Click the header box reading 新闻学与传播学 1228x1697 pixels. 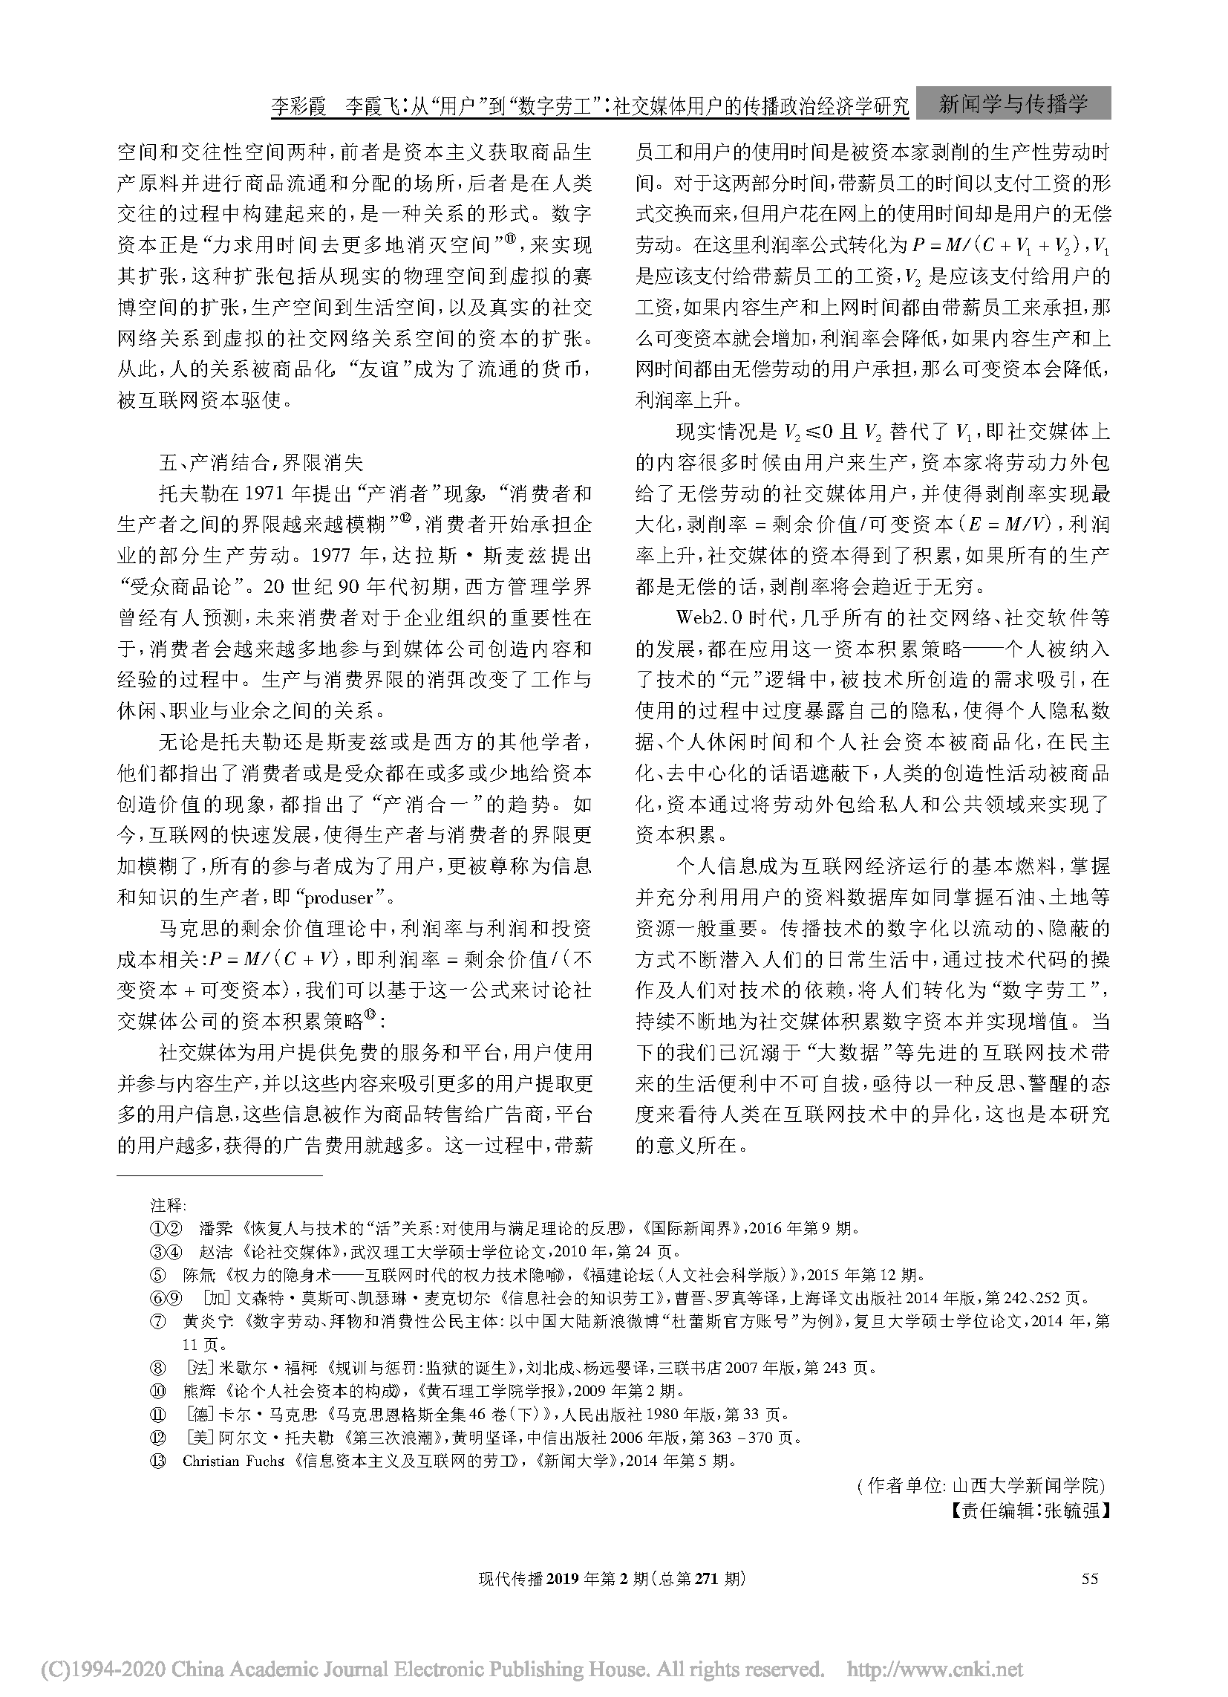pos(1013,103)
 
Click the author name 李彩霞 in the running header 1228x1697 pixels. pos(298,106)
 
